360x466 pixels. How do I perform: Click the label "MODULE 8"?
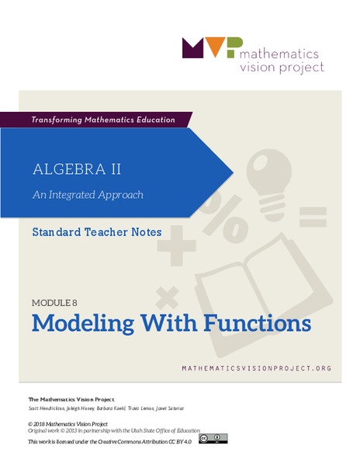point(60,302)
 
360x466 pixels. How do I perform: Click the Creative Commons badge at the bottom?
point(213,439)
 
